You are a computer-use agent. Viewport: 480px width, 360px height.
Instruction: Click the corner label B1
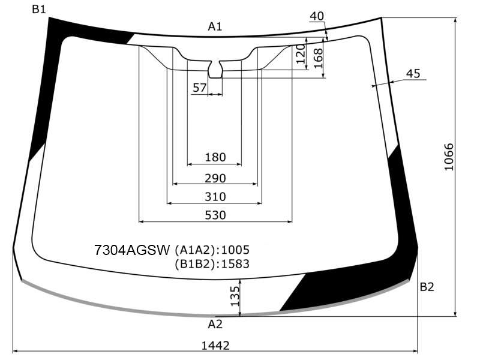(38, 10)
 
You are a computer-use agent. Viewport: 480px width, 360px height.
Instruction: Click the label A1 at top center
(215, 27)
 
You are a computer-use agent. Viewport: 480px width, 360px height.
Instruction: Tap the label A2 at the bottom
(215, 324)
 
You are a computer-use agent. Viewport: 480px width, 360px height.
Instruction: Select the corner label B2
(427, 287)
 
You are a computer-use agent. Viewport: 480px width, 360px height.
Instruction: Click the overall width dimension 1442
(215, 346)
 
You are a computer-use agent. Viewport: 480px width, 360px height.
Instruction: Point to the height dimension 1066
(449, 157)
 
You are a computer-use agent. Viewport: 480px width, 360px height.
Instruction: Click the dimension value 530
(215, 215)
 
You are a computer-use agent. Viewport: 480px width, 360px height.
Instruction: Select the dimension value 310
(215, 197)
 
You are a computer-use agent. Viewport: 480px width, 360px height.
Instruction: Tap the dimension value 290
(215, 178)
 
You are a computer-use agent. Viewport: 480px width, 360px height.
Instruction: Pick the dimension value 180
(215, 157)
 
